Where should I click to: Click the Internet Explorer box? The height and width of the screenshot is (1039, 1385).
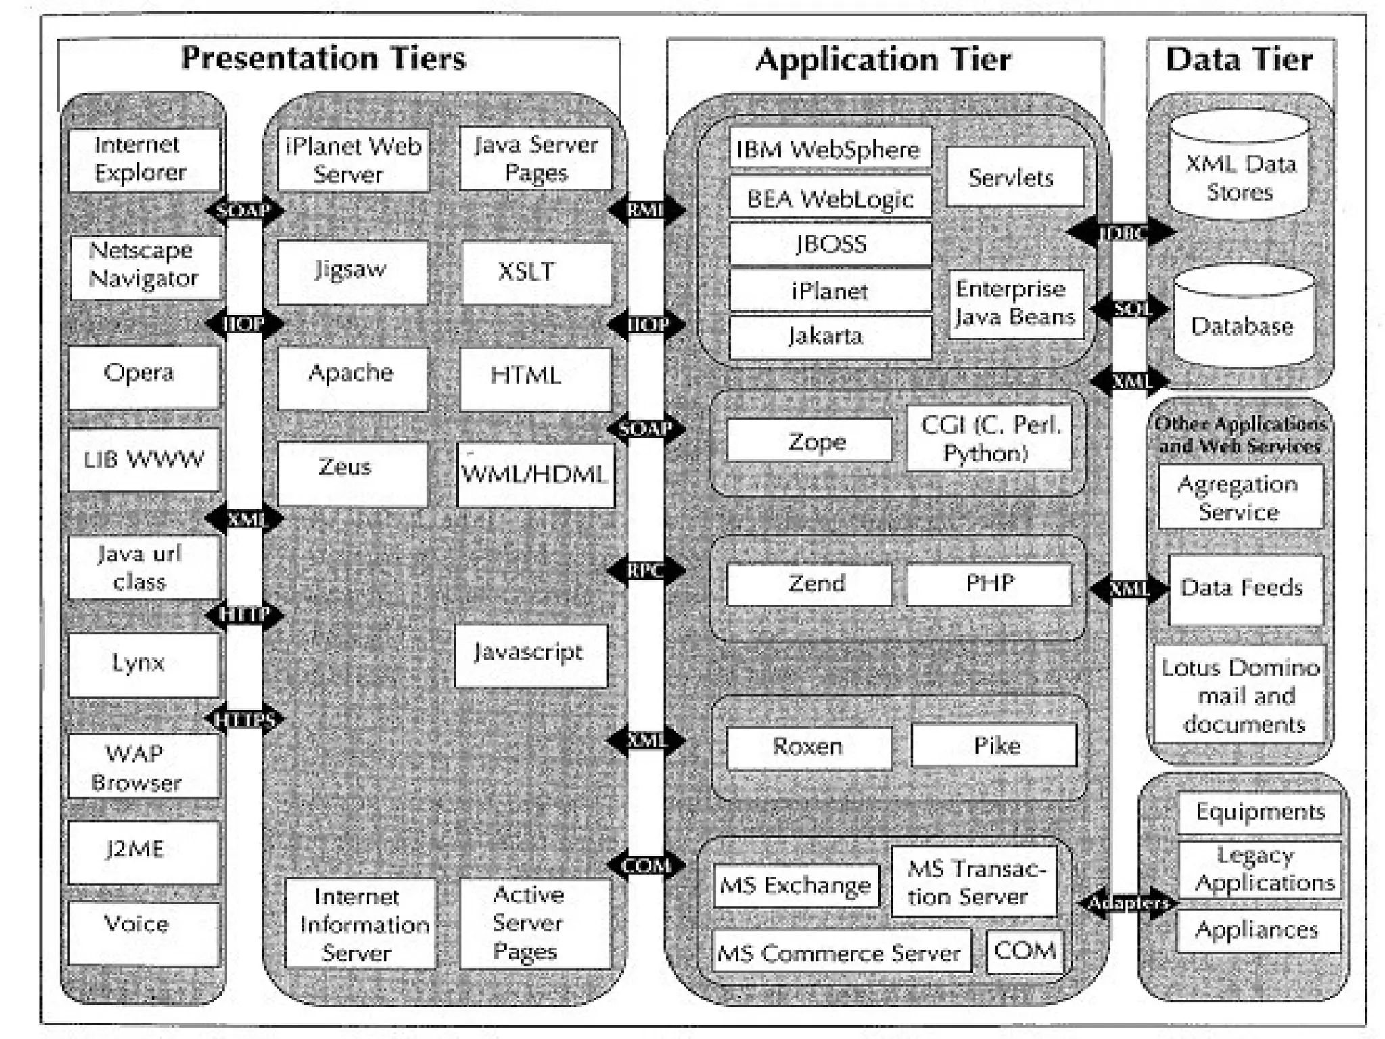coord(143,160)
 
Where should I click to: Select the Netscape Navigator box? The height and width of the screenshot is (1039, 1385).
coord(145,266)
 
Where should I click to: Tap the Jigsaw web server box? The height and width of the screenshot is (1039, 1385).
coord(352,271)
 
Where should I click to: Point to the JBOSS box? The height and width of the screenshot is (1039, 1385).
coord(830,244)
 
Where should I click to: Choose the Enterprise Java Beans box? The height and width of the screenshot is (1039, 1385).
coord(1014,304)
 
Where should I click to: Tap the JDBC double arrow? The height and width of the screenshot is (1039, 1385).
coord(1121,233)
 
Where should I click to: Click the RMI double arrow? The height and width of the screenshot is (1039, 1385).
coord(646,210)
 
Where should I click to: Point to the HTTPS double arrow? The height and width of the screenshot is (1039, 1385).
coord(244,720)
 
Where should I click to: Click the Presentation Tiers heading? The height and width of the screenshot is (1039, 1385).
coord(323,58)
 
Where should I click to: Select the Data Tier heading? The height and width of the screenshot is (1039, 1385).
coord(1239,60)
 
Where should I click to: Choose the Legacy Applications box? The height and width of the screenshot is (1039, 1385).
coord(1259,869)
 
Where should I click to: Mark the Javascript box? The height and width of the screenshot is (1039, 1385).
coord(530,654)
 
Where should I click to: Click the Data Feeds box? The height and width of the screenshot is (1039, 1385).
coord(1244,588)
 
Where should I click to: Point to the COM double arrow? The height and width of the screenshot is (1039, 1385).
coord(646,865)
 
